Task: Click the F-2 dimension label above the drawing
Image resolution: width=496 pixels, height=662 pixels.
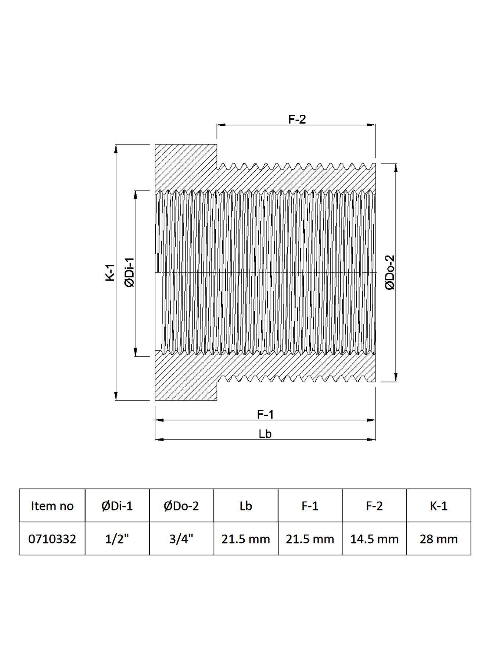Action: click(297, 119)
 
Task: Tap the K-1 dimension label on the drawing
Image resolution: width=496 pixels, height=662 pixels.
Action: click(110, 273)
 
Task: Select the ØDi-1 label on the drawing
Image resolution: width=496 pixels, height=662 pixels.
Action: click(130, 272)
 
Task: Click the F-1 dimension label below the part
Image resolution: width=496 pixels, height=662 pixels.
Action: click(265, 414)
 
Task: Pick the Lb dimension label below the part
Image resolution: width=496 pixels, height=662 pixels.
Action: click(265, 434)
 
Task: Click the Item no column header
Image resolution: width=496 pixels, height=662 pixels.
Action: click(52, 506)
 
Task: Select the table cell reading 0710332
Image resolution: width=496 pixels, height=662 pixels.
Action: click(52, 539)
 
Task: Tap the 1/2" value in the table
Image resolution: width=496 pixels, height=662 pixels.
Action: click(117, 539)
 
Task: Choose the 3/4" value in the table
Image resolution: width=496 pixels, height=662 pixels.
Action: click(181, 539)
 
